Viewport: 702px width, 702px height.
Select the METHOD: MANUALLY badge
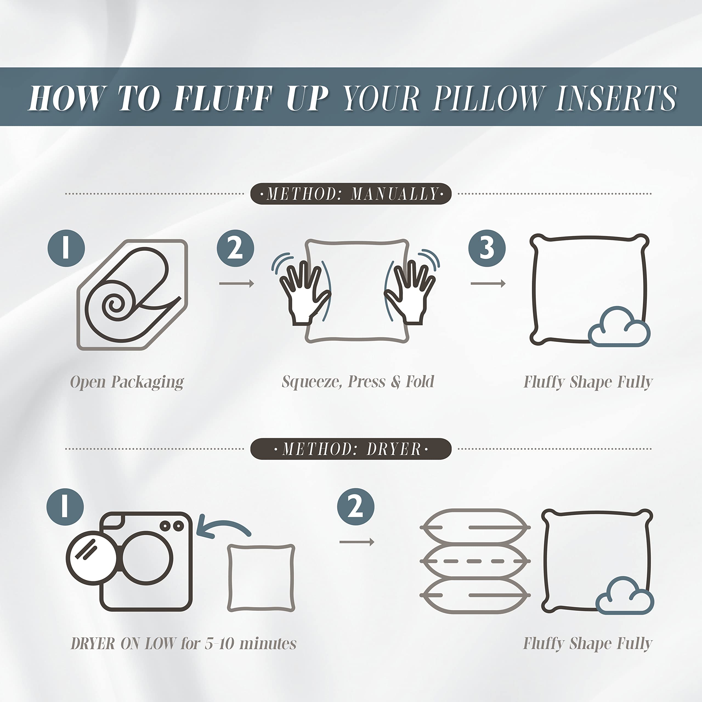tap(351, 194)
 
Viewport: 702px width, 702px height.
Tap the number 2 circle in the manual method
tap(236, 248)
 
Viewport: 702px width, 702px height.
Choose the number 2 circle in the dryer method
tap(356, 506)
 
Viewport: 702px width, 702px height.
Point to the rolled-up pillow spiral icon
tap(133, 295)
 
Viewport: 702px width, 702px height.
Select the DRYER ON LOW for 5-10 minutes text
tap(183, 644)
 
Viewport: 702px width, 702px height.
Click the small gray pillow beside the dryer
tap(261, 578)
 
